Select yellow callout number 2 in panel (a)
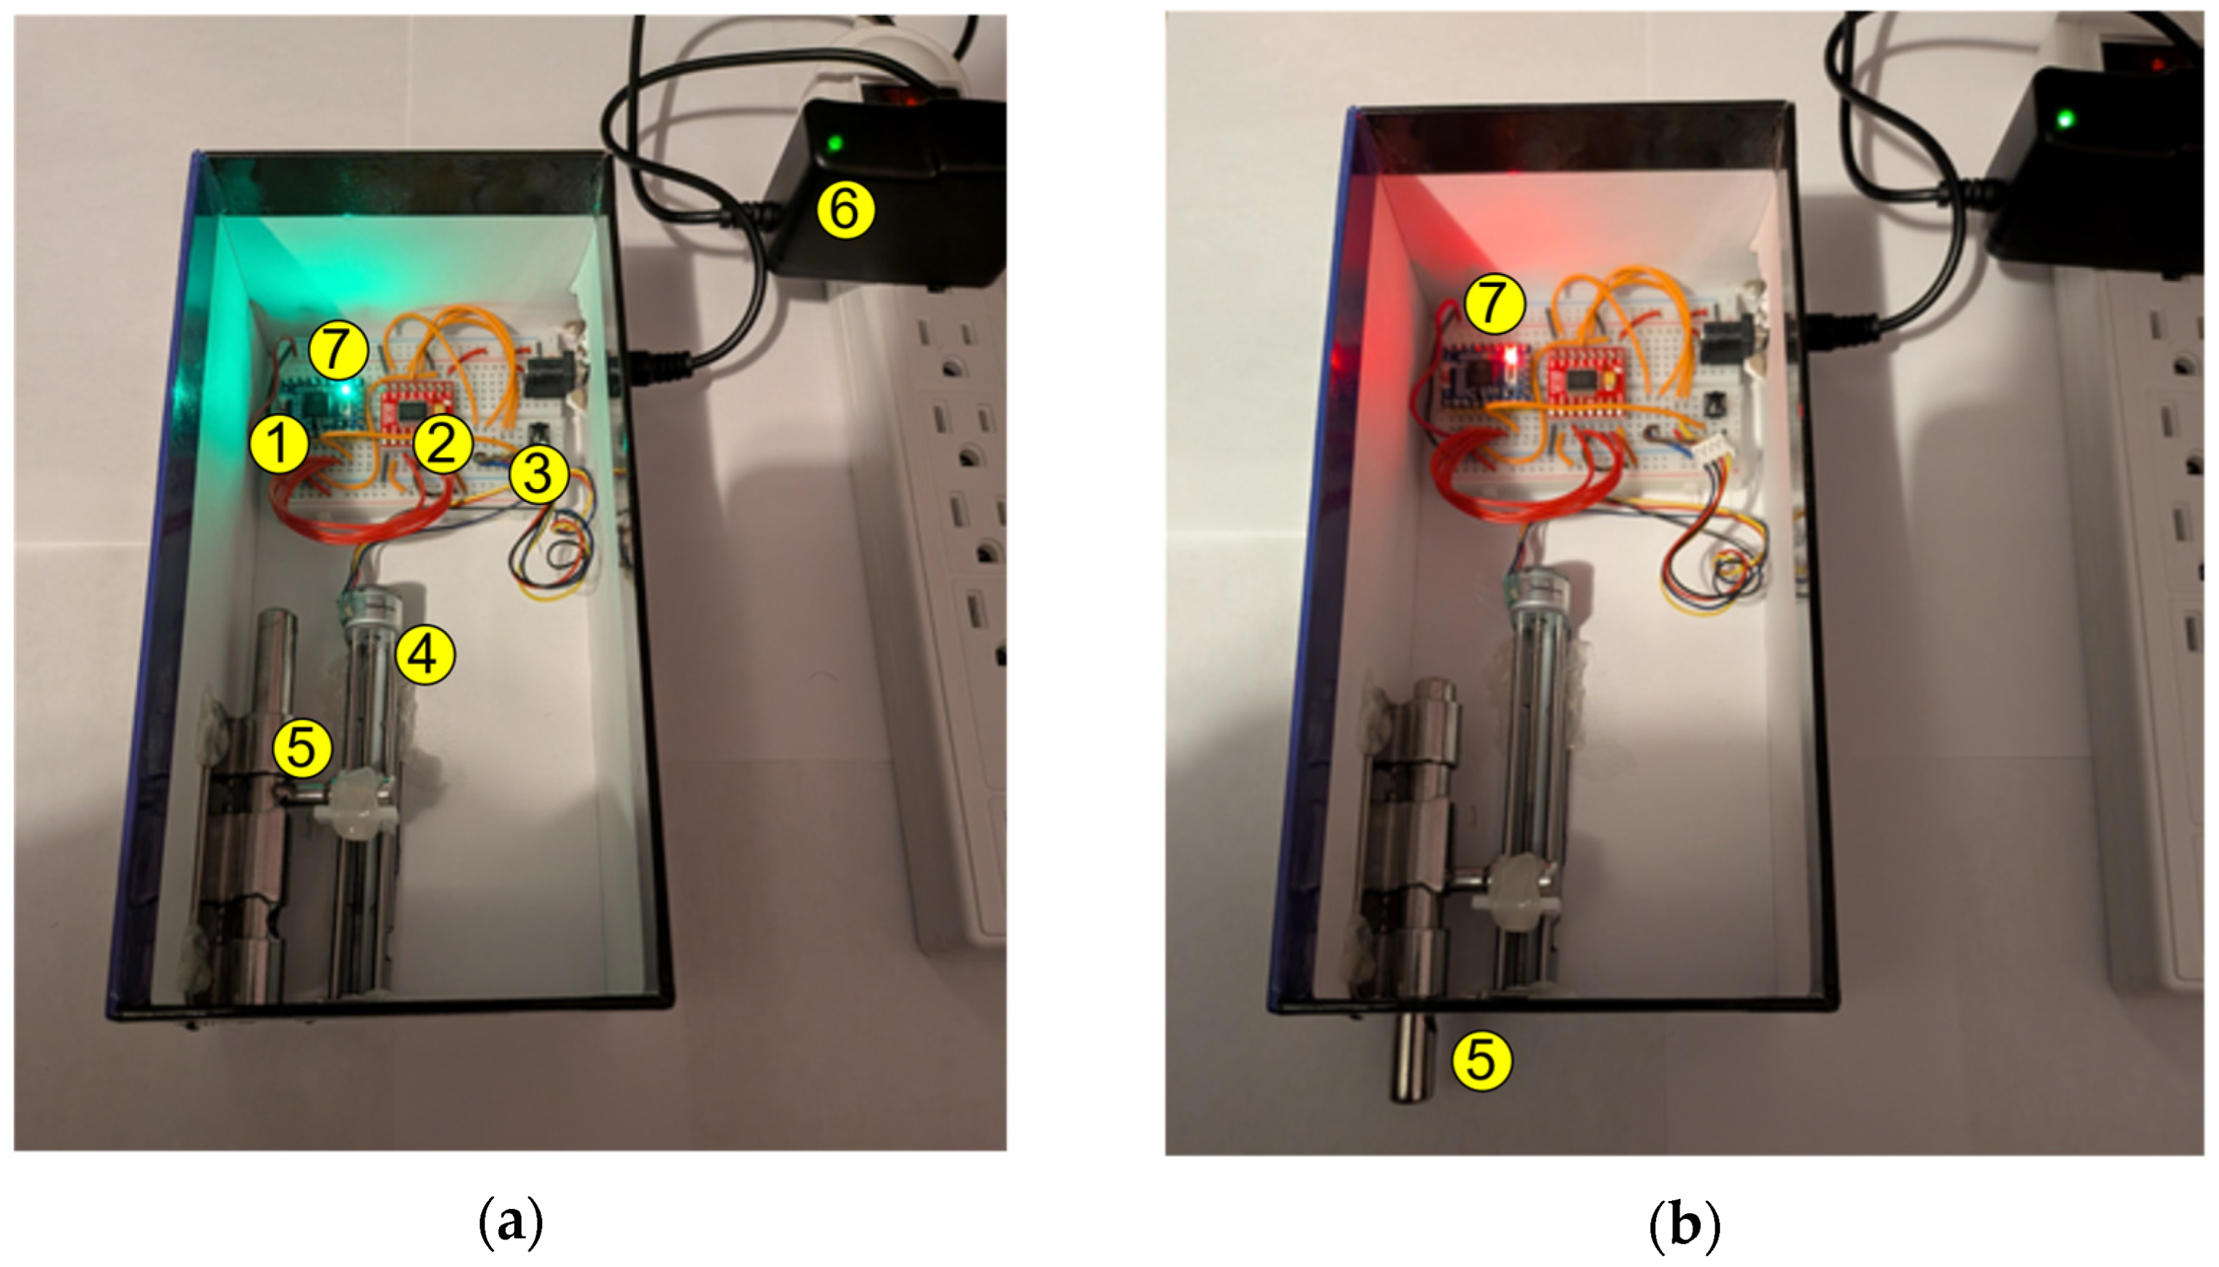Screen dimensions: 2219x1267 pyautogui.click(x=443, y=444)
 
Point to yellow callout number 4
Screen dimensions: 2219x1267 pyautogui.click(x=425, y=654)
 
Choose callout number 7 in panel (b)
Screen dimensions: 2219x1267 pyautogui.click(x=1493, y=302)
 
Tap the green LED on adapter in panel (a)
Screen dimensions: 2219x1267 pyautogui.click(x=835, y=143)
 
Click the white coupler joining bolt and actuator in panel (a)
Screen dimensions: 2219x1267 pyautogui.click(x=356, y=805)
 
